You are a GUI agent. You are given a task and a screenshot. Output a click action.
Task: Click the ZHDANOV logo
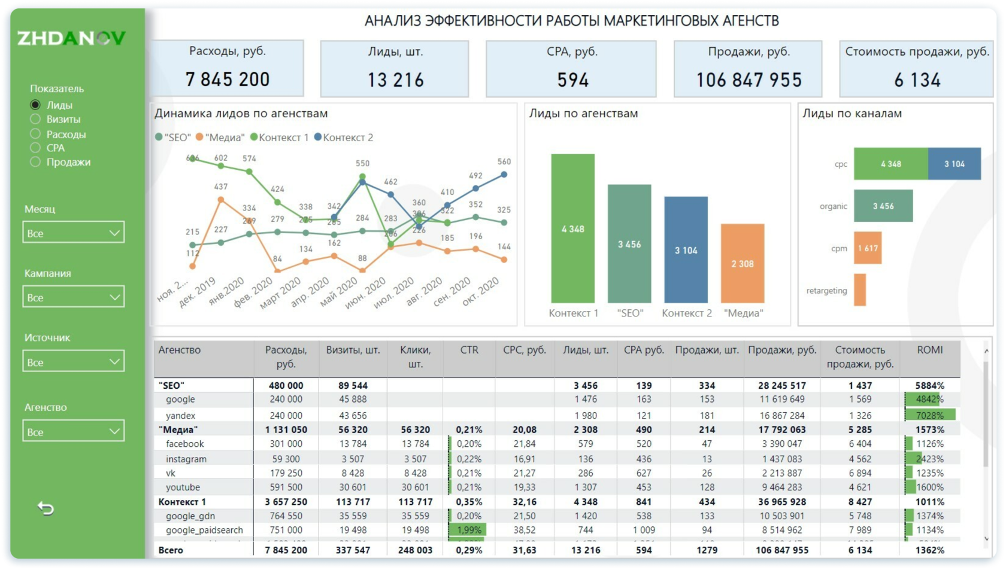[x=71, y=38]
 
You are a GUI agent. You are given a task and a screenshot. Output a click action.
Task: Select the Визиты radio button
[x=35, y=119]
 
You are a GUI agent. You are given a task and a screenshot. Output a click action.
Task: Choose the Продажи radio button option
[x=35, y=162]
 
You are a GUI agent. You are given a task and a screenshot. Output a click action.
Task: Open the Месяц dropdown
[x=73, y=233]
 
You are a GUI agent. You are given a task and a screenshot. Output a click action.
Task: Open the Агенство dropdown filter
[x=73, y=431]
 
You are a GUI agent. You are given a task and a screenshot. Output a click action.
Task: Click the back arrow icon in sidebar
[x=46, y=508]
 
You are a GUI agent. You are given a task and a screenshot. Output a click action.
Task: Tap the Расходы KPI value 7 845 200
[x=228, y=80]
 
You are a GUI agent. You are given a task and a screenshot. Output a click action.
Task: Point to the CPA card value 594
[x=572, y=80]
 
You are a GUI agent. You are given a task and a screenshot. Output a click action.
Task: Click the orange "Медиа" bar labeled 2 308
[x=743, y=263]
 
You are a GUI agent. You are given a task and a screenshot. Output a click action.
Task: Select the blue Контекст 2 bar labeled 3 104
[x=686, y=250]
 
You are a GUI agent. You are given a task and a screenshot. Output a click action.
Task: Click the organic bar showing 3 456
[x=883, y=206]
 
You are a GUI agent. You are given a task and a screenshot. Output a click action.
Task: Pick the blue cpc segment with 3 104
[x=955, y=164]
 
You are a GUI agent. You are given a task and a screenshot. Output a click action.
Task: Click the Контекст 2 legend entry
[x=344, y=138]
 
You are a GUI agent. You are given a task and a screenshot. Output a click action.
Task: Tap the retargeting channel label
[x=826, y=291]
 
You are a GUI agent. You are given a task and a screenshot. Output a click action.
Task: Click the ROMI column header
[x=929, y=350]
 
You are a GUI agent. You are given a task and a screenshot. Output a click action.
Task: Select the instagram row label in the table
[x=186, y=459]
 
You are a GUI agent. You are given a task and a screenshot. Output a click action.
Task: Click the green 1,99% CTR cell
[x=468, y=530]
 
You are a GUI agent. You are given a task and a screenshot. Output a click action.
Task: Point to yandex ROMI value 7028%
[x=929, y=415]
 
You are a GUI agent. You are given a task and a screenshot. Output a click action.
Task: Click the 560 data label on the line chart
[x=504, y=161]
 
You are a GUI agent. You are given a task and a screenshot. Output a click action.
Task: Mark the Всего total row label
[x=171, y=550]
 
